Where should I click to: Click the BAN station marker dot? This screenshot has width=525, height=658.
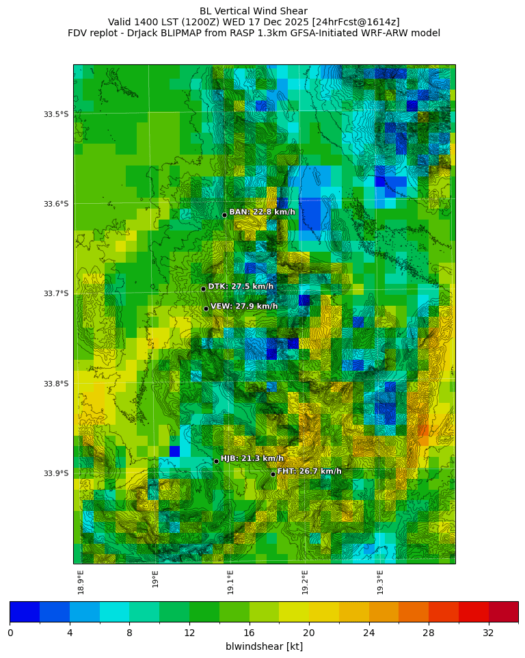(224, 215)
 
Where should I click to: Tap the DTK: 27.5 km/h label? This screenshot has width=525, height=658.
(241, 287)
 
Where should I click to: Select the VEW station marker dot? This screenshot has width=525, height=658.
(206, 308)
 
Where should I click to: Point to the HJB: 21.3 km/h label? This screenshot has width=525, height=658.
(252, 458)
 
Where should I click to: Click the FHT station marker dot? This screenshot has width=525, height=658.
(273, 474)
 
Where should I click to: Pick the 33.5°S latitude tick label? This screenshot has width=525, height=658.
(56, 114)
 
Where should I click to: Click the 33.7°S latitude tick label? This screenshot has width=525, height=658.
(56, 293)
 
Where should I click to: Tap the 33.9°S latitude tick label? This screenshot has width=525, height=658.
(56, 473)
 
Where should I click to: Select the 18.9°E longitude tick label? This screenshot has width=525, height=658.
(81, 581)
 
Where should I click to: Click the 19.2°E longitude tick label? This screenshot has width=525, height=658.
(306, 581)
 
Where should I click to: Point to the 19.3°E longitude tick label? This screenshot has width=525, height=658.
(380, 581)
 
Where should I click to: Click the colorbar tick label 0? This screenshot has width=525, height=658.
(10, 633)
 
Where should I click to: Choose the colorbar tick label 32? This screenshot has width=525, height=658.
(488, 633)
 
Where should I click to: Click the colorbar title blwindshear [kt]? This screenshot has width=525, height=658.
(264, 646)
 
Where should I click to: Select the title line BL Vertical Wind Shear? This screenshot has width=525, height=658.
(254, 11)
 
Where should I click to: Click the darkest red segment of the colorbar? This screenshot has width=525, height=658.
(503, 611)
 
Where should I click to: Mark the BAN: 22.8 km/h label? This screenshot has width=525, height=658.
(262, 212)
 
